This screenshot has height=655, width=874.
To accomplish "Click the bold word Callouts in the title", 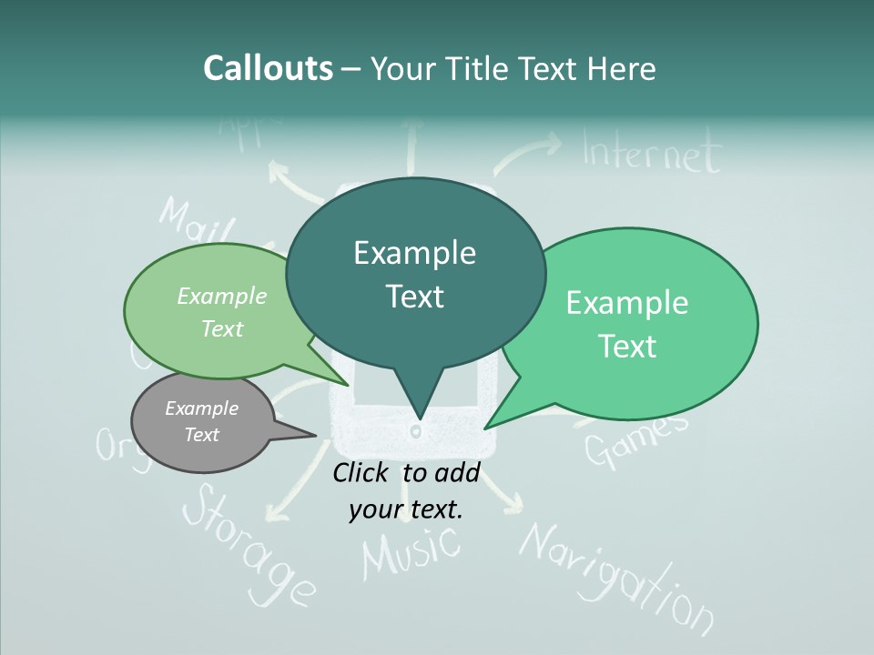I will (x=269, y=68).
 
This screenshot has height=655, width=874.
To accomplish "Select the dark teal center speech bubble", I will (x=415, y=273).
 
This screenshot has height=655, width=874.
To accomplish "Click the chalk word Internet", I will (x=650, y=154).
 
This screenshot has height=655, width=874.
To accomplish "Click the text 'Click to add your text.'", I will (x=406, y=490).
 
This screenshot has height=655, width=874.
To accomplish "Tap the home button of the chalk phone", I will (x=416, y=430).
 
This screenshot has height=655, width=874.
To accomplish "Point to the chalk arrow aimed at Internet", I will (x=527, y=151).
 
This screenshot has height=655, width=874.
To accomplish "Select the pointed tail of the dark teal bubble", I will (x=418, y=400).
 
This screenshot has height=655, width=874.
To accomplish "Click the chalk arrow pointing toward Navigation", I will (x=504, y=495).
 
